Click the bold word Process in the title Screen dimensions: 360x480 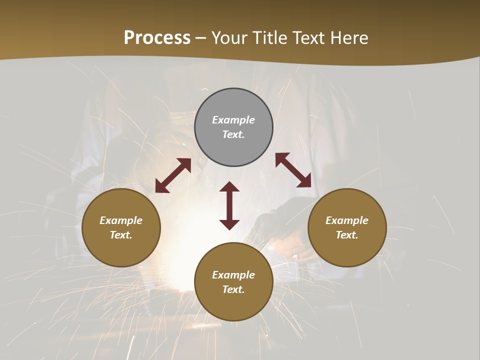click(157, 38)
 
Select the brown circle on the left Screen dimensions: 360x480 click(121, 250)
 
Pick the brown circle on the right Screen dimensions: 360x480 click(347, 250)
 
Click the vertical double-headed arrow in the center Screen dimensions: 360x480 click(229, 205)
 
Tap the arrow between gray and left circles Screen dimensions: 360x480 click(173, 175)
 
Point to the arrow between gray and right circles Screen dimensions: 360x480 click(293, 170)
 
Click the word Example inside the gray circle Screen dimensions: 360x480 click(233, 120)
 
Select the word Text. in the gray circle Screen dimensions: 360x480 click(233, 134)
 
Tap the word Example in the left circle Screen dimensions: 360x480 click(121, 220)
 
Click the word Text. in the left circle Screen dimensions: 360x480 click(121, 235)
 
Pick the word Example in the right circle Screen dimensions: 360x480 click(347, 220)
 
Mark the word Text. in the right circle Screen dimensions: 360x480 click(347, 235)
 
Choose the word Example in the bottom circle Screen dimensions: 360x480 click(233, 275)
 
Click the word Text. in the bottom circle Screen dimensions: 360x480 click(233, 289)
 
